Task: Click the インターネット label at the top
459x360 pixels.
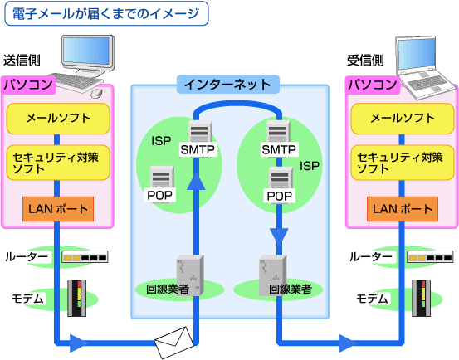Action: pos(227,84)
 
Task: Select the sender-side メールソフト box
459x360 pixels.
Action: pos(58,119)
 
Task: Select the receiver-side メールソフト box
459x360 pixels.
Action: pos(401,119)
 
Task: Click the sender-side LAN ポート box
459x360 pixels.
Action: pos(57,208)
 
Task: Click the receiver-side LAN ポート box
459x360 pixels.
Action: pos(400,208)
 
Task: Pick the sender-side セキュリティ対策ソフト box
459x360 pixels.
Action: pos(58,162)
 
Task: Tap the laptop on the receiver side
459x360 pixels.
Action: pos(427,60)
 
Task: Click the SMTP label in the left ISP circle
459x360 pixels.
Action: pos(198,149)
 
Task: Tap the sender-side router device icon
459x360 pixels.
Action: pos(85,258)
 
